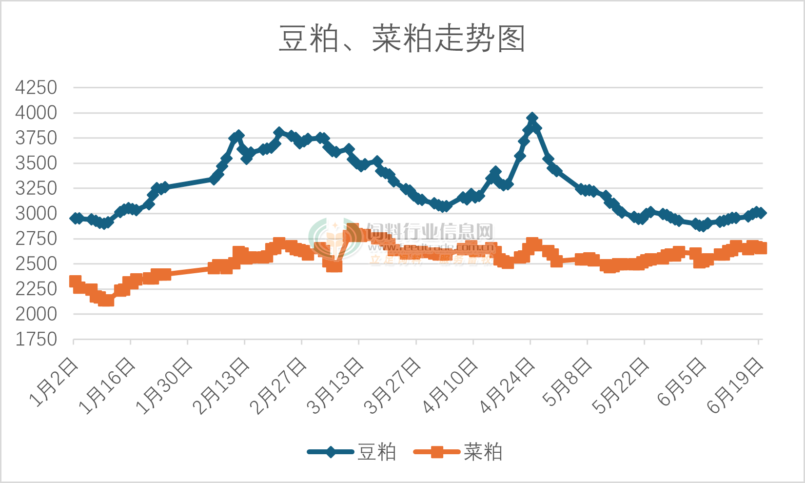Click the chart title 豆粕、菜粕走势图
pos(402,39)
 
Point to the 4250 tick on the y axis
pos(36,88)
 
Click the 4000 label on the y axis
pos(36,113)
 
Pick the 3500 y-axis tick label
pos(36,163)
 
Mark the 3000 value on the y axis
pos(36,214)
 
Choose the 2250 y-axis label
pos(36,289)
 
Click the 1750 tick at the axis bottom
pos(36,340)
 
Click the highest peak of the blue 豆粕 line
pos(532,119)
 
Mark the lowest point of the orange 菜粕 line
pos(106,300)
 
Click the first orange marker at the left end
pos(75,281)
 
